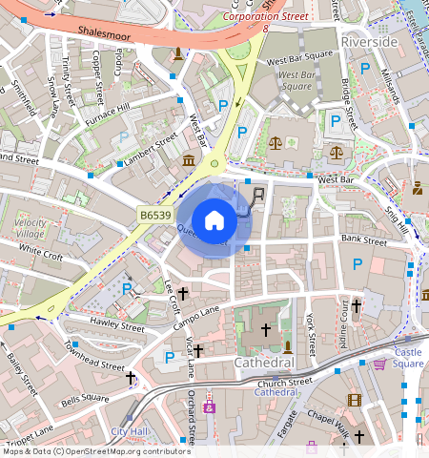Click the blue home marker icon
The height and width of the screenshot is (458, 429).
[x=214, y=219]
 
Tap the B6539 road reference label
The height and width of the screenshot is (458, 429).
[x=155, y=218]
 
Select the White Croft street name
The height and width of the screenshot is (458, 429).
[x=40, y=254]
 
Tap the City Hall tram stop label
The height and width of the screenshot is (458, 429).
[x=131, y=431]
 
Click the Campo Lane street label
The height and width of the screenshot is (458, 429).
[x=196, y=318]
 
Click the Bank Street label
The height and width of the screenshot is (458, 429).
[x=363, y=241]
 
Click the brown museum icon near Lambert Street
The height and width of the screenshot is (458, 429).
[x=189, y=159]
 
